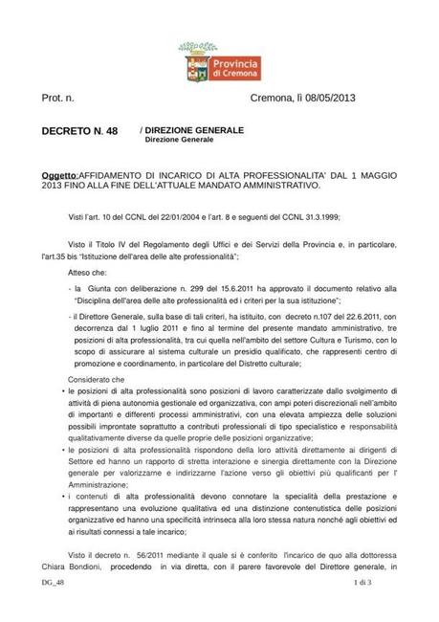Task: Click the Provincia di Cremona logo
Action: click(x=219, y=68)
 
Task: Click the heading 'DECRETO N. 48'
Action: click(x=79, y=130)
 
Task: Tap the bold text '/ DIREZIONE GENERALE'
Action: click(x=191, y=129)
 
